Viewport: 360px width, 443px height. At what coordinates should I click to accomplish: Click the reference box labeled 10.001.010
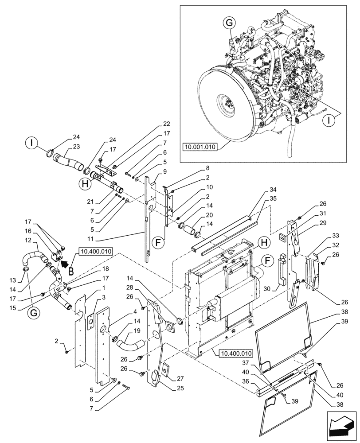200,147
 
